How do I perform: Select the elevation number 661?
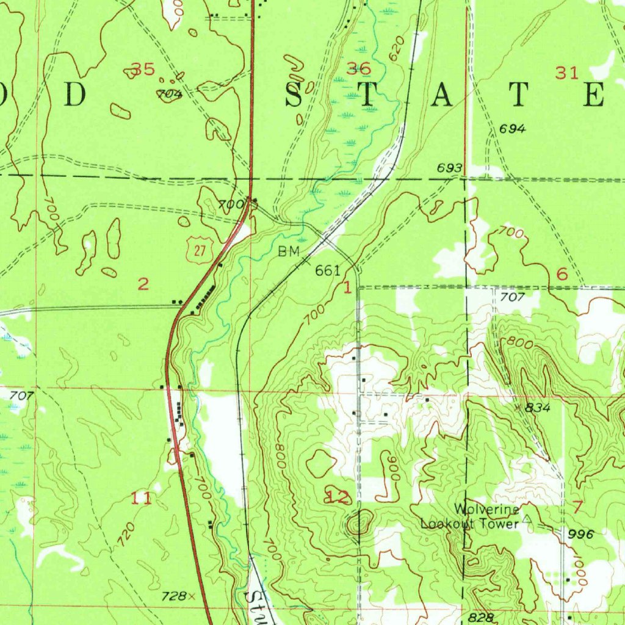coord(327,270)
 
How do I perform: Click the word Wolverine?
coord(486,510)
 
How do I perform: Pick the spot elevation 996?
coord(580,533)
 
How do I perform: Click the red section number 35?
coord(143,70)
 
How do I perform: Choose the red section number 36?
coord(358,68)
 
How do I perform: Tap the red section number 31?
coord(566,73)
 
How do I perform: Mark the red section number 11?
coord(142,499)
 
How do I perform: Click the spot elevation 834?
coord(539,408)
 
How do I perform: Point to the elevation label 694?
coord(512,129)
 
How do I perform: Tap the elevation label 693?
coord(449,168)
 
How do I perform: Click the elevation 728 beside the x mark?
coord(173,596)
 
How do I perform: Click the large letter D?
coord(75,95)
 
